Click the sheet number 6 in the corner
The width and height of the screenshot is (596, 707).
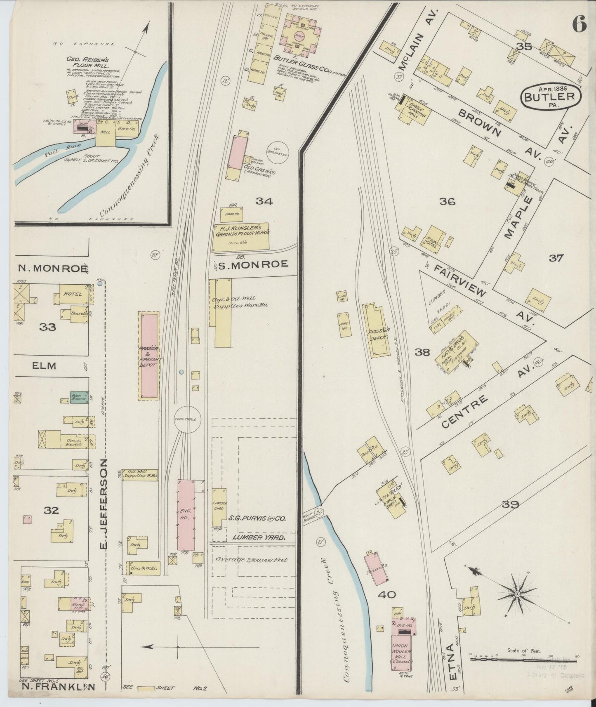(x=579, y=26)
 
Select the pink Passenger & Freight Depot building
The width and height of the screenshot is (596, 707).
(x=149, y=356)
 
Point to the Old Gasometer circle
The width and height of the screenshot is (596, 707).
(x=278, y=152)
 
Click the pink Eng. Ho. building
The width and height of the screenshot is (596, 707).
(x=186, y=516)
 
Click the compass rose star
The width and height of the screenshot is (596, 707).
(x=517, y=594)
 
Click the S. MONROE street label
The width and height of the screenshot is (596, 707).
(x=253, y=265)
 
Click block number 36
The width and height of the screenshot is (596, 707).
(x=447, y=202)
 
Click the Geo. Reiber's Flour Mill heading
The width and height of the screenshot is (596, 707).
(x=87, y=62)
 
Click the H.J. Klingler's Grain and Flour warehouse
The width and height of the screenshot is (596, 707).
(x=241, y=237)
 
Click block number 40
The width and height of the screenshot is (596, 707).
(x=386, y=595)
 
